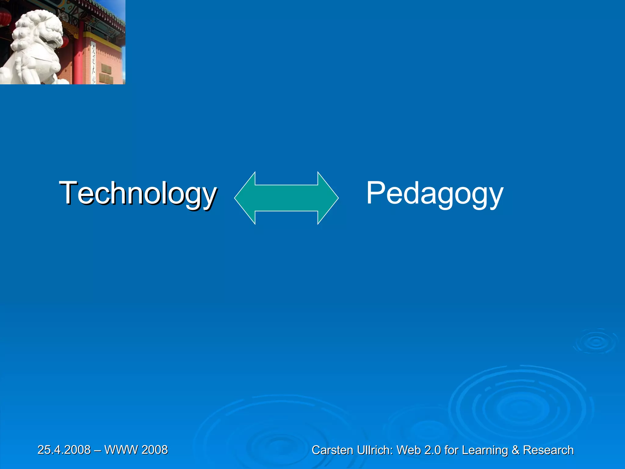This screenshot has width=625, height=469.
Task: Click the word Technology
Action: (x=138, y=193)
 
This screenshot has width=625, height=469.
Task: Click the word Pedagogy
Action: (x=435, y=193)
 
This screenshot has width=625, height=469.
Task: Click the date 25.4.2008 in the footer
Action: (x=64, y=450)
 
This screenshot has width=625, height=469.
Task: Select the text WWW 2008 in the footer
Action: (x=136, y=450)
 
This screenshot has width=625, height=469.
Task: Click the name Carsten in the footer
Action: (x=332, y=450)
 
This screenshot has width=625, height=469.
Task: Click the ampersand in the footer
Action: (x=515, y=450)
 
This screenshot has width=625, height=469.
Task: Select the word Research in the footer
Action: (x=548, y=450)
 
